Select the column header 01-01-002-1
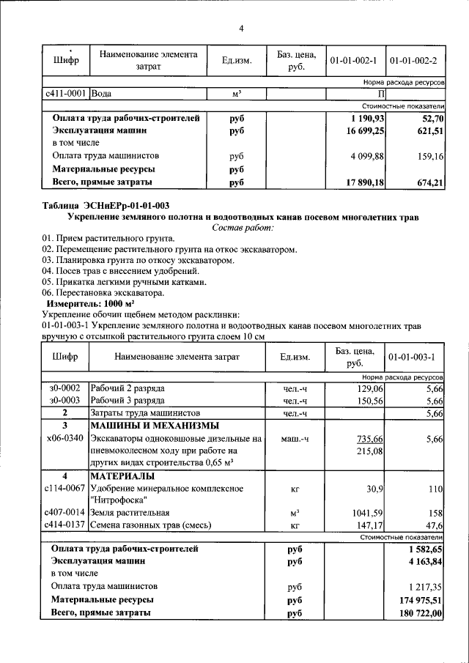[x=353, y=59]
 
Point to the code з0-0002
[x=64, y=388]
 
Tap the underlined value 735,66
[x=369, y=439]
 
